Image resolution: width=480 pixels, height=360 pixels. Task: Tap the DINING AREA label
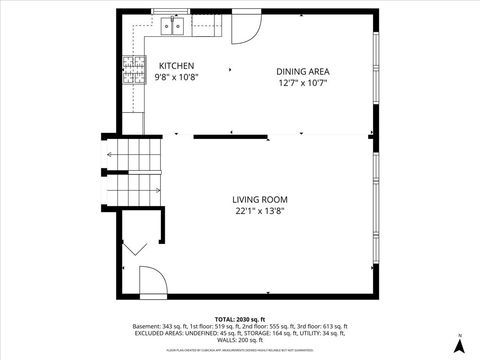point(303,71)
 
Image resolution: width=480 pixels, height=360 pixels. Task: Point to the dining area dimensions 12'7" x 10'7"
point(303,83)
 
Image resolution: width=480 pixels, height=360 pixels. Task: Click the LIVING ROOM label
point(260,200)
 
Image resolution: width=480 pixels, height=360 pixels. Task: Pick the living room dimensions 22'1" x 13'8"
point(260,212)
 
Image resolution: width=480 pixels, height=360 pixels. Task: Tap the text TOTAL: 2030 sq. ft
point(240,317)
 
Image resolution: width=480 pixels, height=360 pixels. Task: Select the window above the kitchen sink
point(176,12)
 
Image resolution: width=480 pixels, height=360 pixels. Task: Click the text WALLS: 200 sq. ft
point(240,341)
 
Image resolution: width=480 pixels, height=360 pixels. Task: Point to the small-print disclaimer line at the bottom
point(240,350)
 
